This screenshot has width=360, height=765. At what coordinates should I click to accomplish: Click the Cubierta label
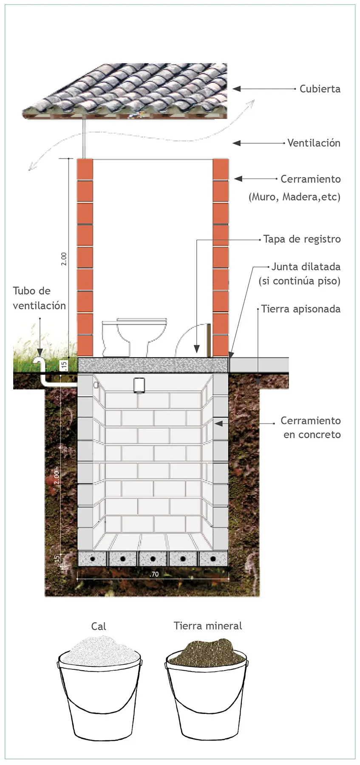320,89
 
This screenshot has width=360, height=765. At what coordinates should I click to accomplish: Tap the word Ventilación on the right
314,143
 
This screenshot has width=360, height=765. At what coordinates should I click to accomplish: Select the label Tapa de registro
302,239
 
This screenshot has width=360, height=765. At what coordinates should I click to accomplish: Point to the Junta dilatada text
306,267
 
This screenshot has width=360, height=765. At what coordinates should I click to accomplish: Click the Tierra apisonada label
301,309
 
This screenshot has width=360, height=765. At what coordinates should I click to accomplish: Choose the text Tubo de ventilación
39,298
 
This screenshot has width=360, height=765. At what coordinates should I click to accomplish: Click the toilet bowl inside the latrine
134,337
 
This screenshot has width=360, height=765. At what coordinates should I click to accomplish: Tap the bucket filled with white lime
99,689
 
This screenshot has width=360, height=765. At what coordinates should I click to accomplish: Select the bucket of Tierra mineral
207,689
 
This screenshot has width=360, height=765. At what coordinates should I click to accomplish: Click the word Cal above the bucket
99,626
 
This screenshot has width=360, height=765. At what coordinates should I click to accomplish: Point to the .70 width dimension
154,574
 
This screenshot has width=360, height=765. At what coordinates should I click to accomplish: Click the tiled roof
125,90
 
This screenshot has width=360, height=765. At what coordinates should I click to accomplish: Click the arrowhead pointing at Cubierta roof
237,89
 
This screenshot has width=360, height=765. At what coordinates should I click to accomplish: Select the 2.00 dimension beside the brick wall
64,259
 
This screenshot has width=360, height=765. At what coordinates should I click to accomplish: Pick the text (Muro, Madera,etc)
295,197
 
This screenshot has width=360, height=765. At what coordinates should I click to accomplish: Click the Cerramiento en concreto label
311,428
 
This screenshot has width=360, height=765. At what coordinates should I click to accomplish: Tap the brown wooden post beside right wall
209,340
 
